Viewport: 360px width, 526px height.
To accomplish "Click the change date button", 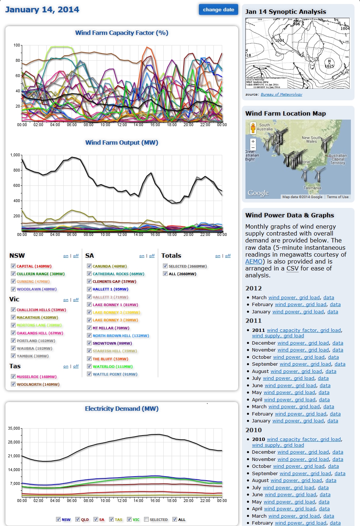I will tap(218, 10).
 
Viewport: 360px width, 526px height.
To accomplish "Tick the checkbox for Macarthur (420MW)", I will tap(13, 317).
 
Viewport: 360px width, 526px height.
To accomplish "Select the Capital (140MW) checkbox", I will tap(13, 266).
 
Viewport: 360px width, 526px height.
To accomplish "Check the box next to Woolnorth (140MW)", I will tap(13, 384).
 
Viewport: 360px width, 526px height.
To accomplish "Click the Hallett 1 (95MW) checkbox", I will tap(89, 289).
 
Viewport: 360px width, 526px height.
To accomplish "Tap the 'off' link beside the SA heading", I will tap(152, 256).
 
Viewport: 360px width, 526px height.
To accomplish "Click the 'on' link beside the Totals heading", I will tap(217, 256).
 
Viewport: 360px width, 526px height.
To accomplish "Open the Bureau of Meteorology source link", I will tap(281, 95).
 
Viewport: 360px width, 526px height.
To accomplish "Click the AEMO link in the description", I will tap(254, 261).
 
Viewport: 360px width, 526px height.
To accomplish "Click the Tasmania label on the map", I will tap(312, 188).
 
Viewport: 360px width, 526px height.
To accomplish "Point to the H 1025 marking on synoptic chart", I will tap(329, 64).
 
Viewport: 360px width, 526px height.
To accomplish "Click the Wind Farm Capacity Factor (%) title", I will tap(121, 33).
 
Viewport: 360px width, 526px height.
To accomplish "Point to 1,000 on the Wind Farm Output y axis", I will tap(15, 155).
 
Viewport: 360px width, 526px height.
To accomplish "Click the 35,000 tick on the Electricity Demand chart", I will tap(14, 428).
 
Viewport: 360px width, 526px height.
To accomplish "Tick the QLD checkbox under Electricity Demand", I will tap(77, 519).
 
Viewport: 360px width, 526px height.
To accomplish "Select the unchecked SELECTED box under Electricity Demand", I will tap(146, 519).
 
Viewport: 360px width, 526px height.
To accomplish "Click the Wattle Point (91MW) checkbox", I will tap(89, 374).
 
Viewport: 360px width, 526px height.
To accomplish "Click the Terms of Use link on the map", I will tap(337, 197).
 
